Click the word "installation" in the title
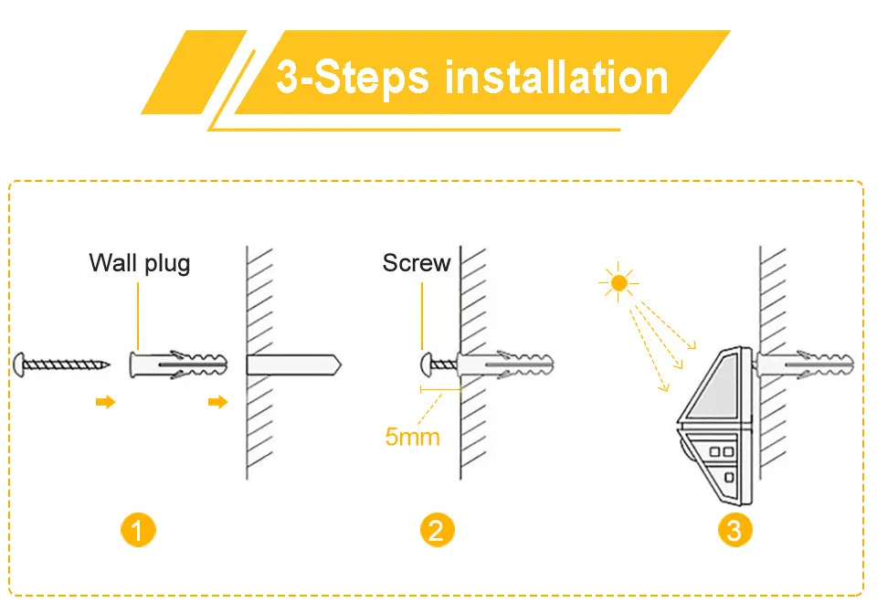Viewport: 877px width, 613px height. pos(556,79)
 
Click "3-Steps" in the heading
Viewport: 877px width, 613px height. pos(353,79)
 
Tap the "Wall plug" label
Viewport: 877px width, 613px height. pos(140,263)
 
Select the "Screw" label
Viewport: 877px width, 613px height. pos(417,263)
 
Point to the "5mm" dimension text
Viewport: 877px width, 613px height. pos(412,437)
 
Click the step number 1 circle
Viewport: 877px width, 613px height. pos(138,530)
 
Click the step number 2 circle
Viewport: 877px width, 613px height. pos(436,530)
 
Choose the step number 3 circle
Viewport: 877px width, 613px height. pos(734,530)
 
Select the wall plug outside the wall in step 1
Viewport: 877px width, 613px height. pos(179,364)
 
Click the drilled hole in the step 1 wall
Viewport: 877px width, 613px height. pos(292,364)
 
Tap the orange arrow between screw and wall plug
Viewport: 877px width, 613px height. pos(106,402)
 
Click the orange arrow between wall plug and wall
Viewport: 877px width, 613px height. pos(217,402)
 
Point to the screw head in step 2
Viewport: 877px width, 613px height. pos(425,364)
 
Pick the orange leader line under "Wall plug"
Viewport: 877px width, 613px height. pos(139,315)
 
